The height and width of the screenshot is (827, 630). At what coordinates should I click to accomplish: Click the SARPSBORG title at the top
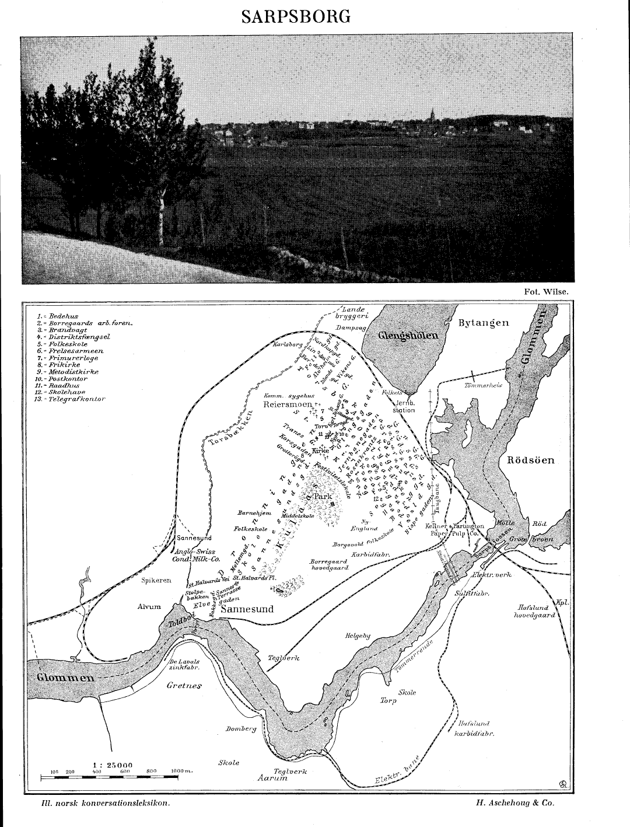click(296, 16)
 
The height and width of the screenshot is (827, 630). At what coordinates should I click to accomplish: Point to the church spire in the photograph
click(432, 114)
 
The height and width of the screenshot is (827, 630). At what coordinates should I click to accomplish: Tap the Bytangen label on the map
click(484, 323)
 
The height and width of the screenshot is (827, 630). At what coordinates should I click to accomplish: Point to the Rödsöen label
click(530, 460)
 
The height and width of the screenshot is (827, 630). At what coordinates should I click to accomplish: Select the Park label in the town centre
click(323, 496)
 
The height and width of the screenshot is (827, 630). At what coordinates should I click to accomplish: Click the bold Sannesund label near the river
click(249, 609)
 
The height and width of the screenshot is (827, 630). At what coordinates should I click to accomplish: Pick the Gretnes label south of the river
click(184, 685)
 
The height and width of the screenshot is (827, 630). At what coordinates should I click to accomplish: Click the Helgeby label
click(358, 636)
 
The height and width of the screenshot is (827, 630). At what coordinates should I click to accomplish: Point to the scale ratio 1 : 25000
click(113, 765)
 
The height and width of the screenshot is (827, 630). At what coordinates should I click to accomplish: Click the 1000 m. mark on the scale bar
click(182, 772)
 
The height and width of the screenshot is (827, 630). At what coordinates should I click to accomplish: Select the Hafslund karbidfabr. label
click(474, 729)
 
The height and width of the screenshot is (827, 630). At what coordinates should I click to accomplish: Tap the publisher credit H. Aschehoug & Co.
click(515, 803)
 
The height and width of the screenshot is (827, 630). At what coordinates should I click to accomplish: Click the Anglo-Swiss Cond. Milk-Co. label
click(195, 555)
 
